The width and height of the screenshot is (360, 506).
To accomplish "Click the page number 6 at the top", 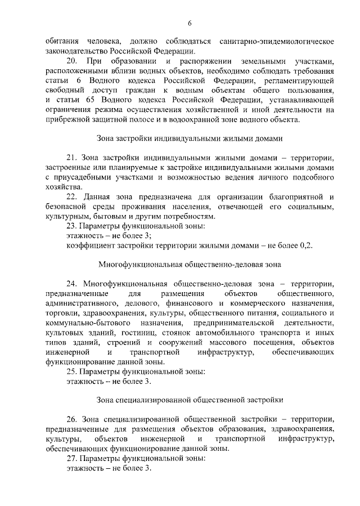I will pos(190,23).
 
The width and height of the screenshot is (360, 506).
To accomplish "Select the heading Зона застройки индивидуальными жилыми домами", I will pos(190,138).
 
